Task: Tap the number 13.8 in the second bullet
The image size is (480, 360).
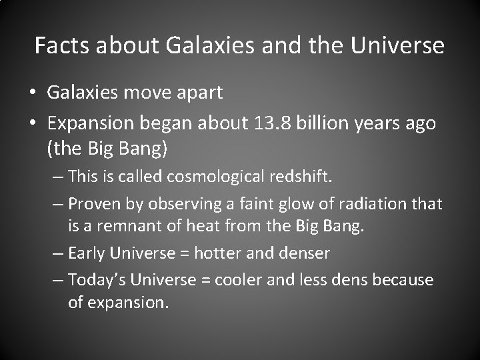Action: (x=285, y=123)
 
